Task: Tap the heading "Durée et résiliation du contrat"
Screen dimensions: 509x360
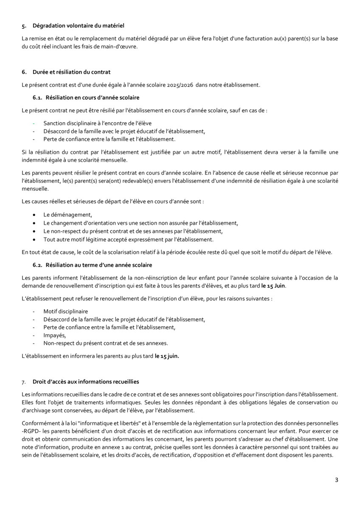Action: point(71,72)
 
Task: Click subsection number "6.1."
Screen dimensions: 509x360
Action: point(38,98)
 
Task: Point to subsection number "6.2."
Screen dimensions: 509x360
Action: point(38,265)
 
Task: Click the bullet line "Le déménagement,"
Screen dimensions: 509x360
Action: point(67,215)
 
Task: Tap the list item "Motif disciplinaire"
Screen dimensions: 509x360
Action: point(65,311)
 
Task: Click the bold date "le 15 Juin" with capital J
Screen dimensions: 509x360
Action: point(273,286)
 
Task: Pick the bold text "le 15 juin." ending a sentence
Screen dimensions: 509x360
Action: point(167,356)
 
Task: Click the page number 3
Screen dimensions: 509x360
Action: point(337,480)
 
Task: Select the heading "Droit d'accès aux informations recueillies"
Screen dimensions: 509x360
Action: point(86,382)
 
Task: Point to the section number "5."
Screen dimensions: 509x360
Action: point(24,26)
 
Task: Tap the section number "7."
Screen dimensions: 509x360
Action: point(24,382)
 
